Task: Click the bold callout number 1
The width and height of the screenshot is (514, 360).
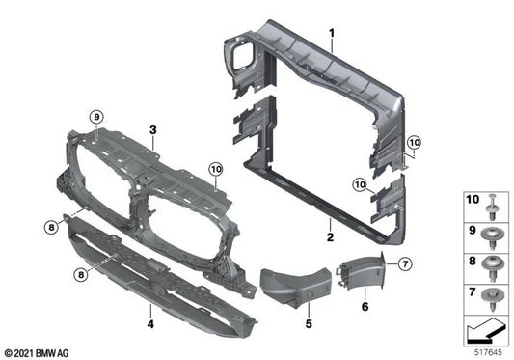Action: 331,33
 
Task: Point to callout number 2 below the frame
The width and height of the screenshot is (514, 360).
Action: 330,235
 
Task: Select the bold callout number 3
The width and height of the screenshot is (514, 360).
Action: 151,128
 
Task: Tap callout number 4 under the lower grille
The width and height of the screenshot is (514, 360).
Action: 151,312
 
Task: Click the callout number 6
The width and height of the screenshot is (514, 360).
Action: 364,306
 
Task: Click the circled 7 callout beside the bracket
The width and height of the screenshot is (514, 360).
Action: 404,263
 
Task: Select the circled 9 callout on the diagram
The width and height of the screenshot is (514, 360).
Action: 96,117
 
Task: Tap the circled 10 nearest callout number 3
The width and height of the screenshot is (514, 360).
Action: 215,169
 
